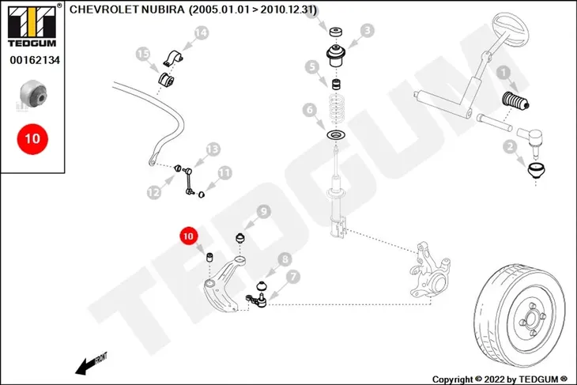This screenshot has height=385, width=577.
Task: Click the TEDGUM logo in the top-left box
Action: [x=32, y=26]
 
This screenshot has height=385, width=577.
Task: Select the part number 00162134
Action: [x=35, y=60]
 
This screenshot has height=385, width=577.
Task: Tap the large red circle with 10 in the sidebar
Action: [x=32, y=139]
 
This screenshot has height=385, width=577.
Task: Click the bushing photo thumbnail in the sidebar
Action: [x=33, y=95]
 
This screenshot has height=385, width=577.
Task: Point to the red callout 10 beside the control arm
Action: [x=188, y=236]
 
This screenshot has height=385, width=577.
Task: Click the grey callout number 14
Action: [x=202, y=32]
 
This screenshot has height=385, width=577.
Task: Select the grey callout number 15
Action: [x=143, y=54]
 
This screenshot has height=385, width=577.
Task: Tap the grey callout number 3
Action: [x=367, y=31]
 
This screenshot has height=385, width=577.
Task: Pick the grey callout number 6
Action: [x=310, y=110]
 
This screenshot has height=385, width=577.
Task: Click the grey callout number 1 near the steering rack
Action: [x=503, y=73]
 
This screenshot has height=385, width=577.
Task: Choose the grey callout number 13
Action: [x=213, y=149]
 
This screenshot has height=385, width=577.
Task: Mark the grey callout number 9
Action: [x=263, y=212]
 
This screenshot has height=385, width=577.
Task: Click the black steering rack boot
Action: [x=515, y=101]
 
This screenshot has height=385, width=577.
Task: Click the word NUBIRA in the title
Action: [x=163, y=9]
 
